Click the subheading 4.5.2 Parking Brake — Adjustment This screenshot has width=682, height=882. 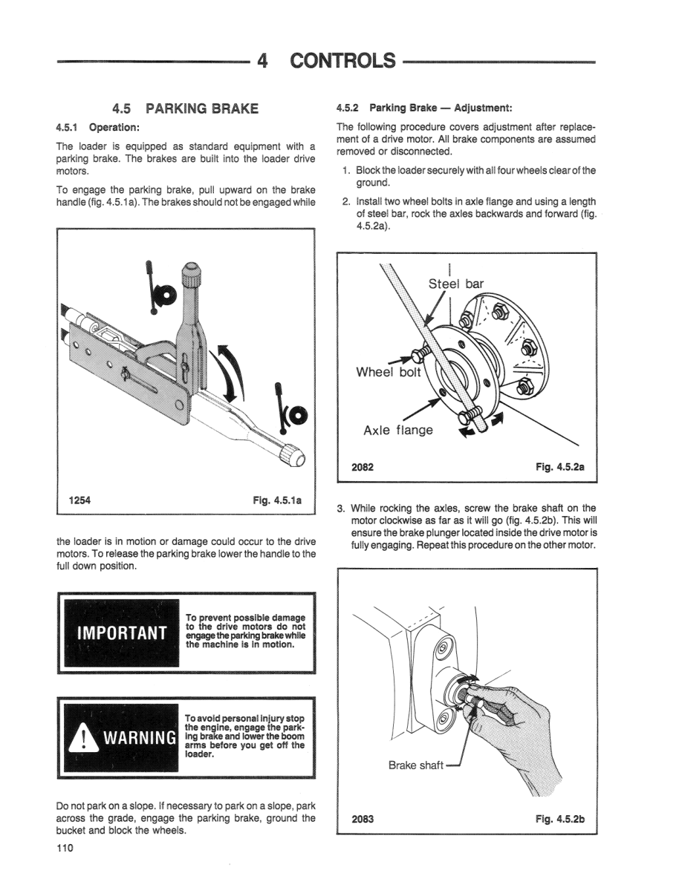424,108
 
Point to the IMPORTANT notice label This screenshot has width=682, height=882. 121,633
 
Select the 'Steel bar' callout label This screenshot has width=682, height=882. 455,284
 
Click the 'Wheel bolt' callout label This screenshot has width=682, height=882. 389,371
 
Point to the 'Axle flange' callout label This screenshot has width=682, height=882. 397,430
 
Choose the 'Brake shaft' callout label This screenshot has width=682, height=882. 415,765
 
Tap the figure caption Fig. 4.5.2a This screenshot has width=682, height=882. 559,467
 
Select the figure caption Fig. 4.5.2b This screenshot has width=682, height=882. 560,819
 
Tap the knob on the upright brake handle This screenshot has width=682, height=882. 192,275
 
